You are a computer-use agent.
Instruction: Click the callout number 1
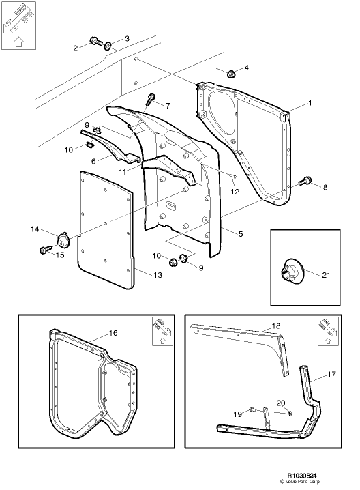point(310,102)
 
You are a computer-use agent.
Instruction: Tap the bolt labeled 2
point(93,45)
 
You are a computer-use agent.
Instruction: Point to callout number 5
point(240,234)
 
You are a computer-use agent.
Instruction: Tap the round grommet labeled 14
point(64,240)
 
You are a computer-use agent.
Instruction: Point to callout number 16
point(113,333)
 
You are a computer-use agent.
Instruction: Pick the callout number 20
point(280,403)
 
